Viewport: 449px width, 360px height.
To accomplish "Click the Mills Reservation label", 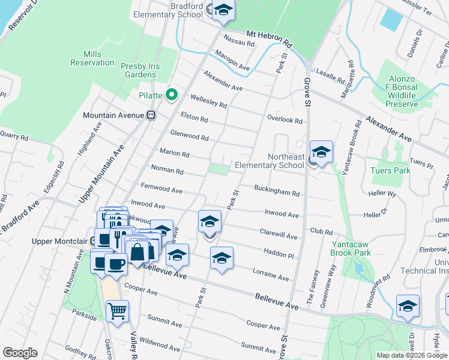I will tap(92, 58).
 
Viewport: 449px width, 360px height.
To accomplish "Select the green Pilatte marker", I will tap(172, 94).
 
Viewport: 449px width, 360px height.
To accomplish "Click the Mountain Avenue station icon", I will tap(152, 115).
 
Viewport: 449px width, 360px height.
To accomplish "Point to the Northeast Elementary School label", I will tap(269, 161).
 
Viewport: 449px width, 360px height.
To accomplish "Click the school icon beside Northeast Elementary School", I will tap(321, 153).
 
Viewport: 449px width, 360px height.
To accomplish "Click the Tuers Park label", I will tap(390, 170).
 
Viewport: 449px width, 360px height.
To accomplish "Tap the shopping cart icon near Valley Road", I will tap(117, 311).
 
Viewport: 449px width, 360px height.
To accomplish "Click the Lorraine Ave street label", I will tap(271, 275).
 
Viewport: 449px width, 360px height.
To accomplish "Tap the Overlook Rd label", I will tap(285, 119).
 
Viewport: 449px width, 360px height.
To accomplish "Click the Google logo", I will tap(20, 353).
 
